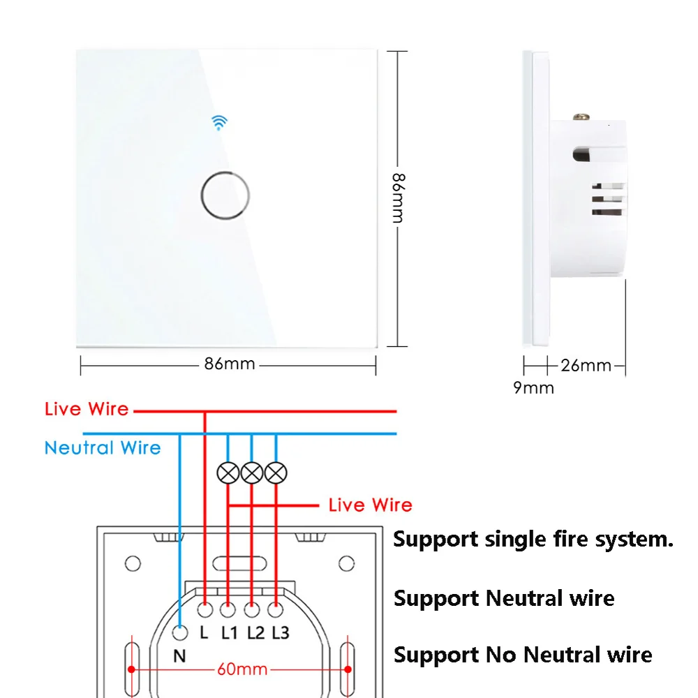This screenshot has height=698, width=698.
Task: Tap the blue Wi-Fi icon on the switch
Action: coord(221,123)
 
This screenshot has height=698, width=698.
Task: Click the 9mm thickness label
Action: coord(534,388)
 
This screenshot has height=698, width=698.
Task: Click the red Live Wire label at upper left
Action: coord(87,409)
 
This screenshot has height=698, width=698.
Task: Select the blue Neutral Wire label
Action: coord(103,447)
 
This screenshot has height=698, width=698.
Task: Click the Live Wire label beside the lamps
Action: coord(370,505)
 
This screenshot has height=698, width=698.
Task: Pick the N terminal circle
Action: coord(181,634)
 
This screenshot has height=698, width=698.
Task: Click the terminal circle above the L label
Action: coord(205,610)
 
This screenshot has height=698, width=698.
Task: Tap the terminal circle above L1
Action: coord(228,610)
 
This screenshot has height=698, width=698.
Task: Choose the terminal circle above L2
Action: coord(252,610)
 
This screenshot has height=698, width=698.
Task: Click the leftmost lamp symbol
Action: coord(228,473)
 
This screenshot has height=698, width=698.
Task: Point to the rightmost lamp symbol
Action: coord(276,473)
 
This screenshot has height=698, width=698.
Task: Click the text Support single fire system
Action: coord(533,540)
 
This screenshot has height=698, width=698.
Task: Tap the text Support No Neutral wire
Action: coord(523,655)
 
